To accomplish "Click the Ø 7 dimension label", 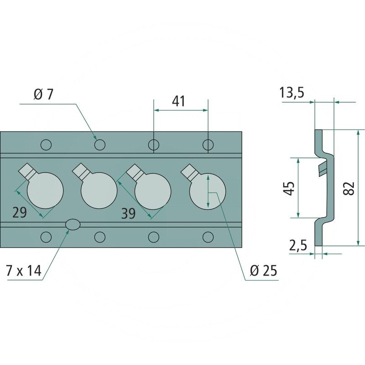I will tap(44, 95).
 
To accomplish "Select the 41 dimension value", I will tap(179, 101).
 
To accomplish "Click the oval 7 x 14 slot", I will tap(73, 224).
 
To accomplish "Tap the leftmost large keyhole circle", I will tap(45, 191).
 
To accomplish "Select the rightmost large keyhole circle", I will tap(208, 191).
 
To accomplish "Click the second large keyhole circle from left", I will tap(99, 191).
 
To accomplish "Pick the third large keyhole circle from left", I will tap(153, 191).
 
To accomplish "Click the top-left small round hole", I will tap(46, 145).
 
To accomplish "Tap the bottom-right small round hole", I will tap(208, 236).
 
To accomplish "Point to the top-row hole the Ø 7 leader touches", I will tap(100, 145).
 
